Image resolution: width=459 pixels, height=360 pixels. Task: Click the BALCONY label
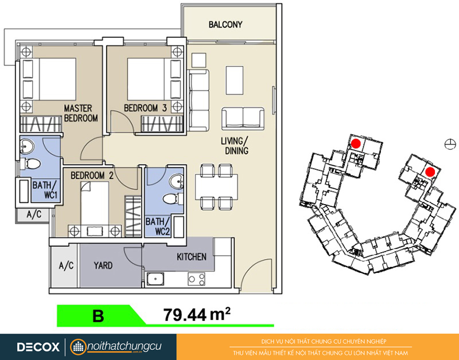click(x=225, y=24)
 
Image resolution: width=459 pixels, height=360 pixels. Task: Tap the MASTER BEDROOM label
click(x=81, y=113)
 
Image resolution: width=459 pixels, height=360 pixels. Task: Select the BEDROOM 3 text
click(x=145, y=108)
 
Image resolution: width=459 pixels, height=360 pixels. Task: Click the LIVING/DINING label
click(x=235, y=146)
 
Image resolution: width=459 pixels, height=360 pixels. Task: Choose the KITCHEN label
click(x=192, y=257)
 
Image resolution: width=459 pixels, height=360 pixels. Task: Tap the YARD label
click(x=103, y=265)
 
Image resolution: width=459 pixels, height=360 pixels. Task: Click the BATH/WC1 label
click(x=45, y=190)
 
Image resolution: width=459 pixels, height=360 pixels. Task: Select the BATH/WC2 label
click(x=158, y=226)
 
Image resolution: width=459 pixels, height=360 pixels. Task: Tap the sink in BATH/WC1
click(x=27, y=146)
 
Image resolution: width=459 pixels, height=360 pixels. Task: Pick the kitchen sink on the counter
click(x=155, y=279)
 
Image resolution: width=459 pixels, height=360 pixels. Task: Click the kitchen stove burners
click(x=196, y=279)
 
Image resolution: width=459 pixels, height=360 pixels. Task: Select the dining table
click(x=216, y=187)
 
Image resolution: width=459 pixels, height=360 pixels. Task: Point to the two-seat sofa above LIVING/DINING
click(x=243, y=119)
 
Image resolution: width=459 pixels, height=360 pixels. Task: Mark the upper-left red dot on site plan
click(x=356, y=143)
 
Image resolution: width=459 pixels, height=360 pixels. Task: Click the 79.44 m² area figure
click(x=197, y=314)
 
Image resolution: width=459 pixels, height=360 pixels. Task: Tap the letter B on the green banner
click(x=98, y=316)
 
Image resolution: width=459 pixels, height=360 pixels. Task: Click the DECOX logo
click(x=38, y=347)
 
